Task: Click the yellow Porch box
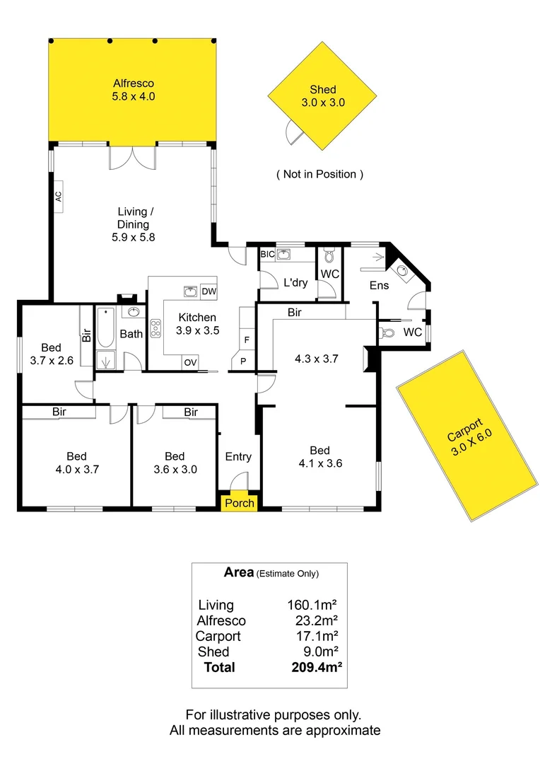[240, 503]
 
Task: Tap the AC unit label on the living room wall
[59, 197]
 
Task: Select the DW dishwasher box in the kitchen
[209, 291]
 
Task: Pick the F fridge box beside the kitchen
[246, 340]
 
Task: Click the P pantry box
[242, 361]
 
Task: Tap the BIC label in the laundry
[267, 254]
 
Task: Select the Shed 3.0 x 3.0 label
[322, 95]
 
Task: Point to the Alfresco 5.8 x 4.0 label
[133, 89]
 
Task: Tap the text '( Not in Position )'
[319, 174]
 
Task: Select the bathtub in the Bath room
[105, 328]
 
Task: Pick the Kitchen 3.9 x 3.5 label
[197, 323]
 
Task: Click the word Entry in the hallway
[238, 457]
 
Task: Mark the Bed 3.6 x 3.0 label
[175, 462]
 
